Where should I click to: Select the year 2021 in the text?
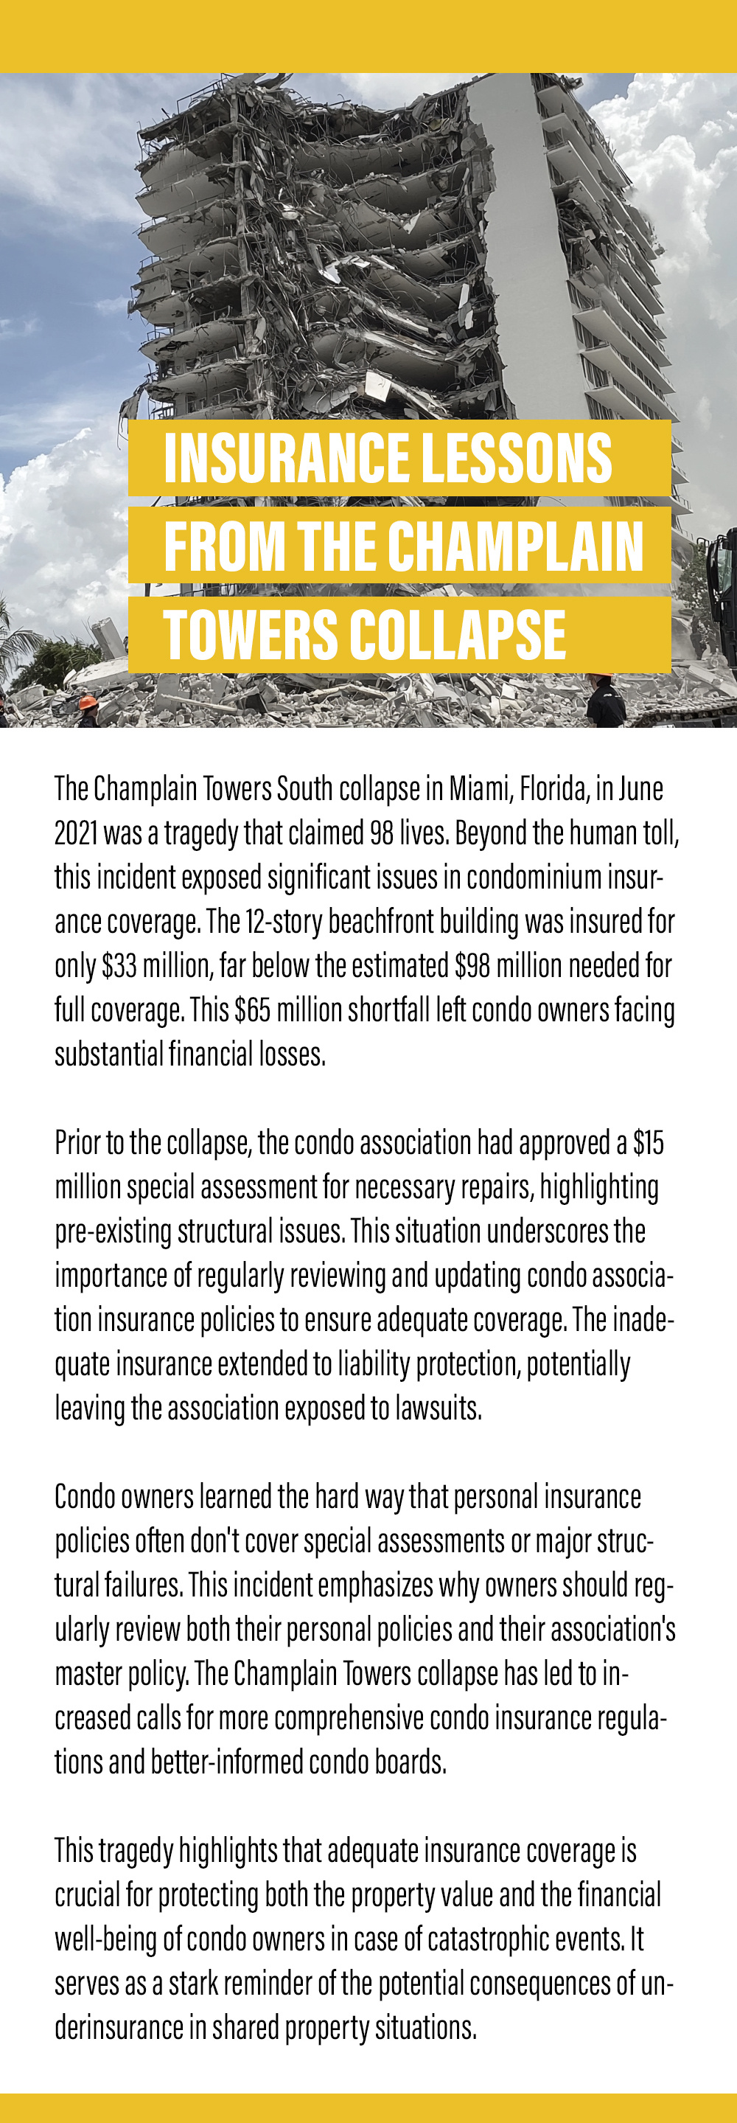(76, 833)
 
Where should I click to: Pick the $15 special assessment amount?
(648, 1143)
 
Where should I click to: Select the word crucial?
(86, 1894)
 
